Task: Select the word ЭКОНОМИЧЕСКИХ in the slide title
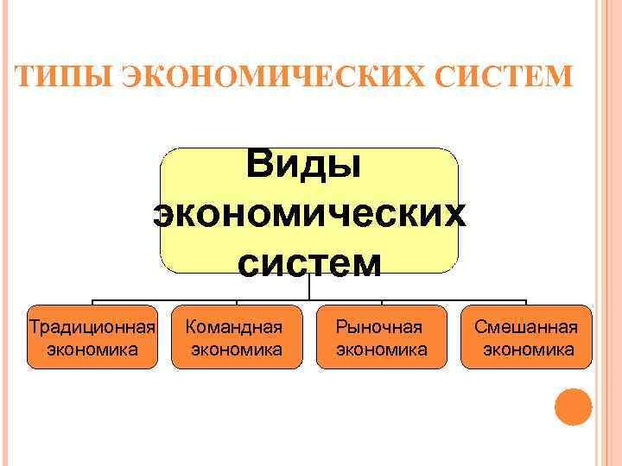point(256,77)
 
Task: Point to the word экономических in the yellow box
point(308,214)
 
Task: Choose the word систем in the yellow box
point(308,262)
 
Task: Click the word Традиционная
point(92,327)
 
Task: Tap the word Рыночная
point(380,327)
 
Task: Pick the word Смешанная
point(526,327)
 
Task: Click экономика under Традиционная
point(92,349)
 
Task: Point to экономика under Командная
point(237,349)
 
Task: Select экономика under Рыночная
point(381,349)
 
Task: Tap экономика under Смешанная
point(528,349)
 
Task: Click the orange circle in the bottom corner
point(573,406)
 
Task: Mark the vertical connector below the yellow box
point(309,287)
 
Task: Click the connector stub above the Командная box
point(237,302)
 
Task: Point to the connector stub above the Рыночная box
point(381,302)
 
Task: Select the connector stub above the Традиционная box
point(92,302)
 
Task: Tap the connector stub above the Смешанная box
point(526,302)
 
